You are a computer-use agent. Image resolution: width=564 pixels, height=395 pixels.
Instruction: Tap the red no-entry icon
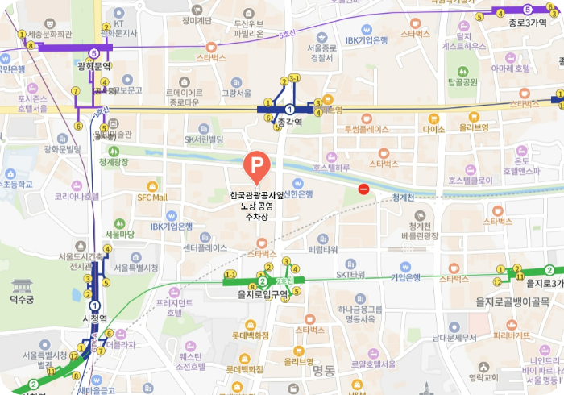coord(363,189)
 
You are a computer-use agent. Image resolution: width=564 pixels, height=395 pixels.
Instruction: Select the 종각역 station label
coord(288,123)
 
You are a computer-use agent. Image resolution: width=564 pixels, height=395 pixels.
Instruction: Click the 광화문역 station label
coord(93,66)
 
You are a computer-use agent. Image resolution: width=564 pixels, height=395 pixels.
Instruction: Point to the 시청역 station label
coord(95,318)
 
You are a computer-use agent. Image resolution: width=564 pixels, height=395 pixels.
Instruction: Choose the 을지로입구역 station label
coord(263,294)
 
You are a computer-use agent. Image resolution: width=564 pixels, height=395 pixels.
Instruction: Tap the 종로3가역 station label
coord(528,23)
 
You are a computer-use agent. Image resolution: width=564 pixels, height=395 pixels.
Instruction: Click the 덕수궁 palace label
coord(22,300)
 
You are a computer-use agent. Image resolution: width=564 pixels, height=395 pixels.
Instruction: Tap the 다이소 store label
coord(433,129)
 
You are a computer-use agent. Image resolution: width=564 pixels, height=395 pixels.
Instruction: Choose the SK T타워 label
coord(350,274)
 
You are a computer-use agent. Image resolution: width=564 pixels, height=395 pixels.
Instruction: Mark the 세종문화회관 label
coord(50,35)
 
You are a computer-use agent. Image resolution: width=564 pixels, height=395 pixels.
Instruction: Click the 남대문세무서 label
coord(455,338)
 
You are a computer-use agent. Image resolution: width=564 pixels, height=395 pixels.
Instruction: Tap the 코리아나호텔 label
coord(76,196)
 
